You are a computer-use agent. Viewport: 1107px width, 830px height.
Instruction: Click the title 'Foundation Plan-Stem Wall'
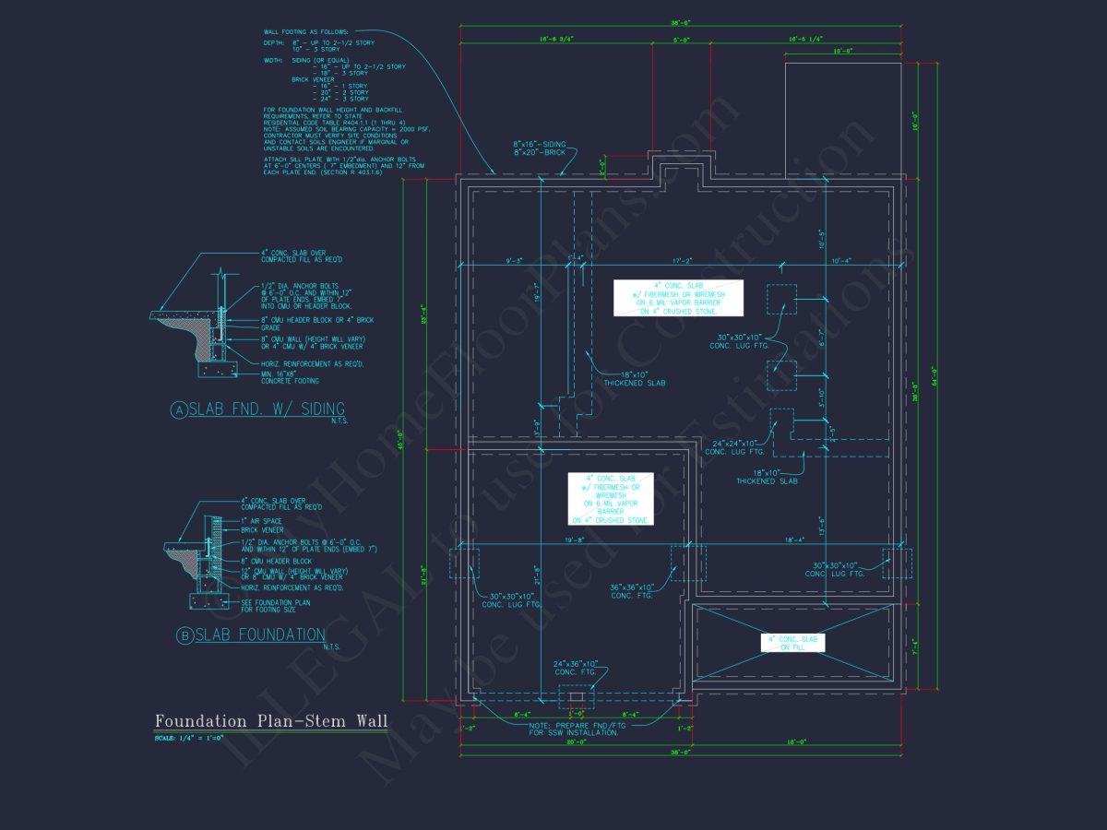(271, 720)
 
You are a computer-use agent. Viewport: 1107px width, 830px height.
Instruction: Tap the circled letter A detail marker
(178, 411)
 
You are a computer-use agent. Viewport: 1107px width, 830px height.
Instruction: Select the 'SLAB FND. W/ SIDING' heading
(267, 409)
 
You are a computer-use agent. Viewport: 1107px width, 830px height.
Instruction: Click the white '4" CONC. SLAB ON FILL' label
(792, 643)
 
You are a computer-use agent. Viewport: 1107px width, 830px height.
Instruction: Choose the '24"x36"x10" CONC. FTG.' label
(576, 667)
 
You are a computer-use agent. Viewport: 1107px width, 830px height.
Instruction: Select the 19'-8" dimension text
(577, 539)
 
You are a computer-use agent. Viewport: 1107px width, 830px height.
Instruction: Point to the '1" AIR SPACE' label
(261, 521)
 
